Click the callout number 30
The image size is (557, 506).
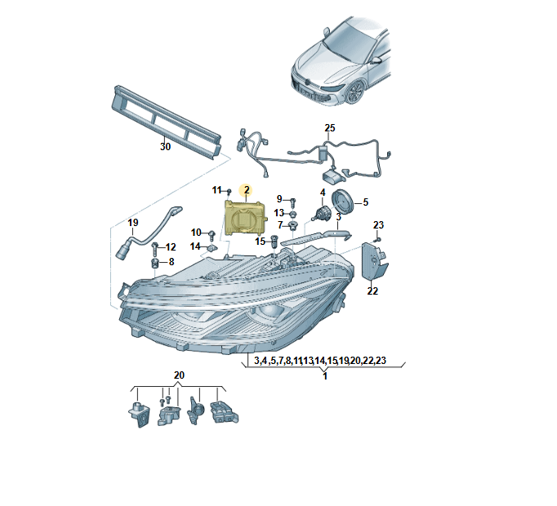point(165,147)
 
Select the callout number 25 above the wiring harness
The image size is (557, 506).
point(330,128)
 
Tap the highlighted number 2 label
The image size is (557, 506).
point(246,189)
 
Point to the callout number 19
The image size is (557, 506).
point(132,222)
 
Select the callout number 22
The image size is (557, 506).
point(372,290)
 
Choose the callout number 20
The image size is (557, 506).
point(180,375)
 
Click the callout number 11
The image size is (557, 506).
point(217,190)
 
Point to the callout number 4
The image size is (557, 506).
point(323,193)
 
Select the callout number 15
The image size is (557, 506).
point(260,241)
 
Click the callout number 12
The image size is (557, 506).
point(171,246)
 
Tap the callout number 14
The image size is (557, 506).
point(195,246)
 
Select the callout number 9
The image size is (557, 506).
point(278,198)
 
